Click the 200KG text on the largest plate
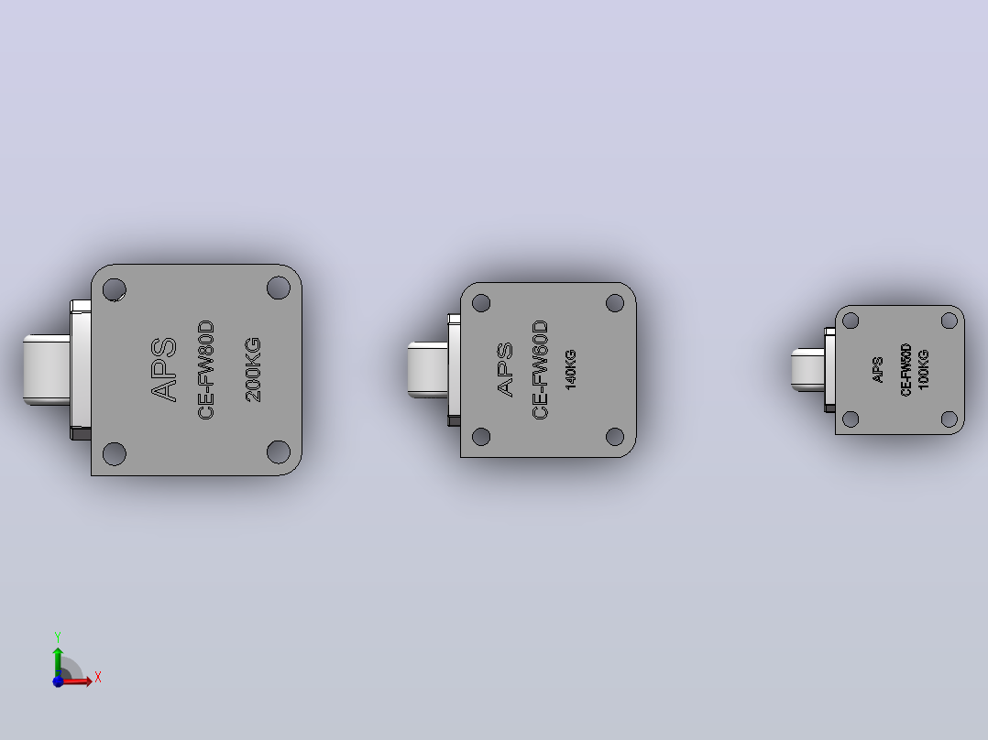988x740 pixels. click(x=253, y=370)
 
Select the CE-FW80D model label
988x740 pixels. click(x=206, y=370)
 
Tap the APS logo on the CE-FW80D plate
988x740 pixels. click(x=164, y=370)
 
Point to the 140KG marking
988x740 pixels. click(x=570, y=370)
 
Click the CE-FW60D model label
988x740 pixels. click(x=540, y=370)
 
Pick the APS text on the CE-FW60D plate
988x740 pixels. click(x=505, y=370)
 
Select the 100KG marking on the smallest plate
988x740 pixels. click(x=923, y=370)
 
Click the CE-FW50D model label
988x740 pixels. click(x=906, y=370)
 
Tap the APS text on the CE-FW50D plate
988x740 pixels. click(x=877, y=370)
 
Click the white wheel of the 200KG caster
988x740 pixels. click(x=47, y=370)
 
